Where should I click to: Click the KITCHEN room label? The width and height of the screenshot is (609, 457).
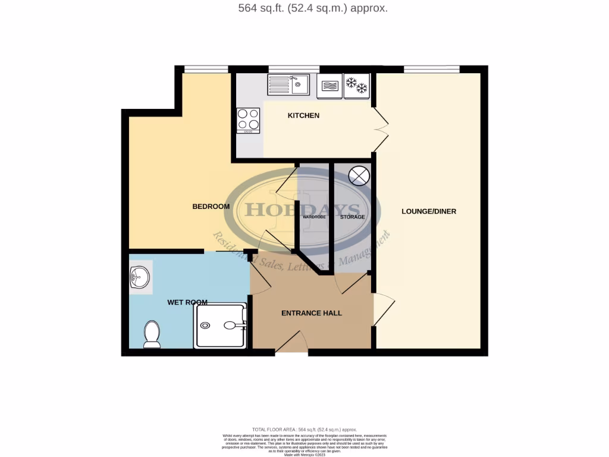[x=303, y=115]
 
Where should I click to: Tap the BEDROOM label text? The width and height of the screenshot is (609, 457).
[x=211, y=206]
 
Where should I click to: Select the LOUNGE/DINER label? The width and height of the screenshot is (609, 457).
[x=429, y=211]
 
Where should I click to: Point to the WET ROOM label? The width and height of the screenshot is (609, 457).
[x=187, y=302]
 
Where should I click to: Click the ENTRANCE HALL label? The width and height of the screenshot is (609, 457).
[x=311, y=313]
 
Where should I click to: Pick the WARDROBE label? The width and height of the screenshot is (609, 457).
[x=314, y=217]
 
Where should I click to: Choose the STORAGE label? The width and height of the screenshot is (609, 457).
[x=352, y=217]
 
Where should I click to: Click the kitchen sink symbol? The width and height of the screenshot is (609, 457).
[x=288, y=84]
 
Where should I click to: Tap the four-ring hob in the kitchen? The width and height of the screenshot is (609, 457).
[x=248, y=120]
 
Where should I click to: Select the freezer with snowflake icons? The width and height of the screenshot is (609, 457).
[x=357, y=85]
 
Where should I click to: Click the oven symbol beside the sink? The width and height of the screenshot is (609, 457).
[x=329, y=86]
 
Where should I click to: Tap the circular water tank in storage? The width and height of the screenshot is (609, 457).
[x=359, y=176]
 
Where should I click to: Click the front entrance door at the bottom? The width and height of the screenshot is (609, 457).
[x=291, y=345]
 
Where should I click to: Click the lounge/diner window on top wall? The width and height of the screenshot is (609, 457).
[x=431, y=69]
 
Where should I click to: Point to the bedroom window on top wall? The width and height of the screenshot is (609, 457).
[x=206, y=69]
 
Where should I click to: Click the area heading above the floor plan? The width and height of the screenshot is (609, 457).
[x=304, y=8]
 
